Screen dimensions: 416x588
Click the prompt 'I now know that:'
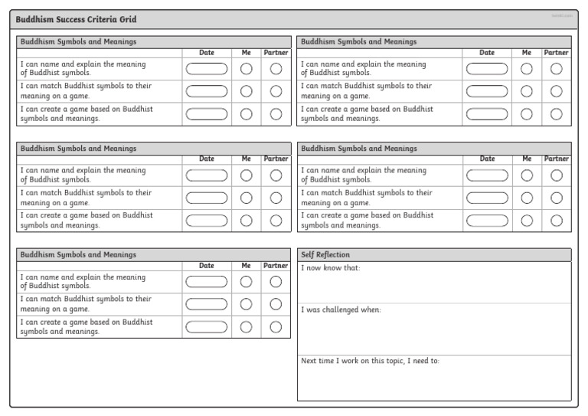(330, 267)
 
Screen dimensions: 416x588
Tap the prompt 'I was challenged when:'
(341, 310)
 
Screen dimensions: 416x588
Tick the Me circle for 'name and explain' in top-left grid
(247, 69)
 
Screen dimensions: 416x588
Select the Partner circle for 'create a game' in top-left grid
(276, 115)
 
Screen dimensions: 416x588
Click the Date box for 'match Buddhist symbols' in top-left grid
(207, 92)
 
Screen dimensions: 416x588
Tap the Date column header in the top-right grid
(487, 53)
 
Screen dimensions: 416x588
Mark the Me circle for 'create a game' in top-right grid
(527, 115)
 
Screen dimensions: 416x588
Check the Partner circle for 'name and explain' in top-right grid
(557, 69)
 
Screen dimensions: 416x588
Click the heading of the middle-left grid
(79, 148)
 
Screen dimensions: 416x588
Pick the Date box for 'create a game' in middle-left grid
(207, 221)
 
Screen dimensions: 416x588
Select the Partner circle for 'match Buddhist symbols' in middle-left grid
(276, 198)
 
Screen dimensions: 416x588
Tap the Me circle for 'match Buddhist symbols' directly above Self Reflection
(527, 198)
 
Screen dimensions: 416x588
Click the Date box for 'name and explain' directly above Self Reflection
(487, 175)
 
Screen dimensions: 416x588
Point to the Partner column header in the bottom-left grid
(276, 266)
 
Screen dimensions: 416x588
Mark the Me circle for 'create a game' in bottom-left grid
(247, 327)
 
